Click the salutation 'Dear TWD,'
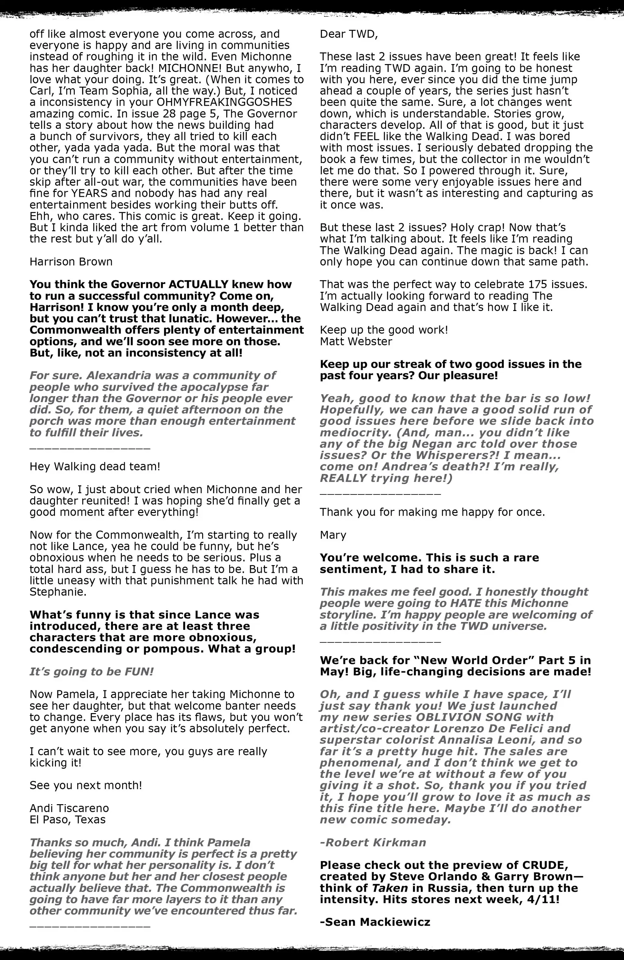click(349, 34)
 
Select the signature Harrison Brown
click(71, 262)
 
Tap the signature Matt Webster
click(356, 342)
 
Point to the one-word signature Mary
click(333, 535)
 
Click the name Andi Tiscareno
click(69, 808)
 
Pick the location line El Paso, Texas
click(68, 820)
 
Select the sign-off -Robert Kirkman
click(373, 843)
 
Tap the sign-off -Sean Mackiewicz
click(375, 922)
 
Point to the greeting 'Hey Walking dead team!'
click(95, 467)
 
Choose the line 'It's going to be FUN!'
click(92, 671)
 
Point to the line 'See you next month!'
click(86, 786)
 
